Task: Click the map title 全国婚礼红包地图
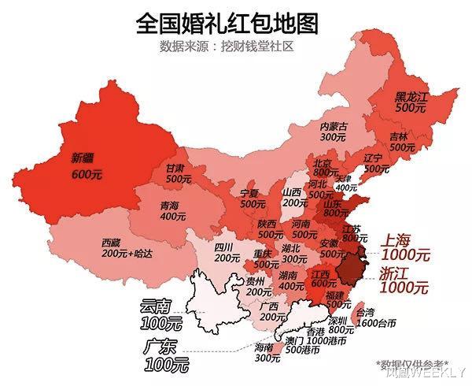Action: (x=227, y=22)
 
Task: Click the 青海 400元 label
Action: (x=168, y=210)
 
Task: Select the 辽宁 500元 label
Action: (x=375, y=163)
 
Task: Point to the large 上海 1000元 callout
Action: (x=406, y=247)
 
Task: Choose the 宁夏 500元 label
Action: (x=253, y=198)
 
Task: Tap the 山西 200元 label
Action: (x=293, y=197)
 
